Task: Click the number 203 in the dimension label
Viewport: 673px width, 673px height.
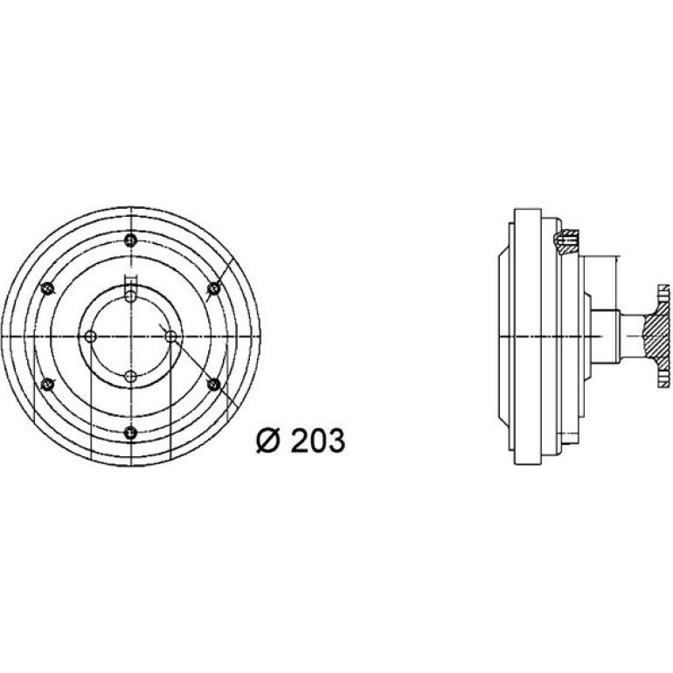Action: coord(318,441)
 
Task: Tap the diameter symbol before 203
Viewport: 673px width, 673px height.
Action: coord(268,441)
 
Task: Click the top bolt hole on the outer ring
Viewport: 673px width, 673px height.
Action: coord(130,240)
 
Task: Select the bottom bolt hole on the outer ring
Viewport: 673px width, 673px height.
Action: coord(130,433)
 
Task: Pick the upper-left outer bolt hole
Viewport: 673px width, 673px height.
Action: coord(47,288)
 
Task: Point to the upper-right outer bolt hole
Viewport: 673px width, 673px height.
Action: coord(214,288)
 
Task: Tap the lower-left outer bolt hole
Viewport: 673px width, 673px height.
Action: coord(47,385)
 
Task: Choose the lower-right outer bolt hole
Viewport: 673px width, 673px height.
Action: coord(214,385)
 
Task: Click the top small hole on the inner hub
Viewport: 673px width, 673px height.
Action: coord(130,296)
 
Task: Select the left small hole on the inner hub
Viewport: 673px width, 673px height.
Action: coord(90,336)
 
